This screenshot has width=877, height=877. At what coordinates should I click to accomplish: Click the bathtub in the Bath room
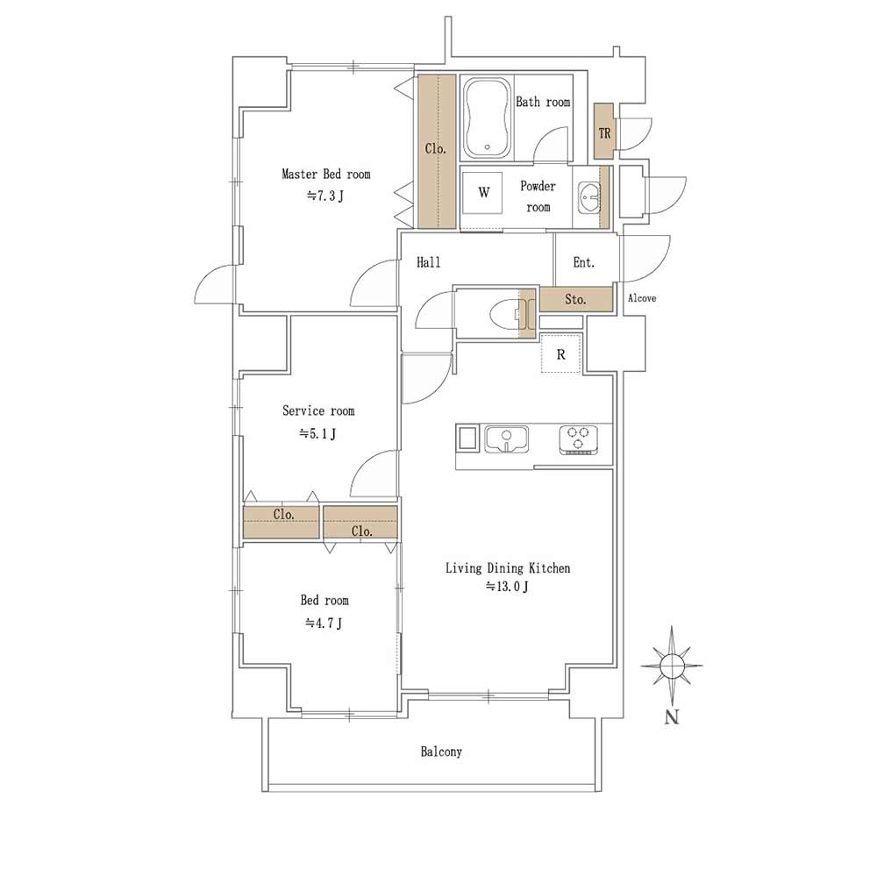click(487, 118)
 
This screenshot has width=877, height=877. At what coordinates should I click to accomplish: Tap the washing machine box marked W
click(483, 193)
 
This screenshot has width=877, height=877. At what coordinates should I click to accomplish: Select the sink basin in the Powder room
click(589, 196)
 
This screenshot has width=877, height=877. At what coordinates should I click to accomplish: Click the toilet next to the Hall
click(509, 314)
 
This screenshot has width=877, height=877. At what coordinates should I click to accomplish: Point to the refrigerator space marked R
click(560, 354)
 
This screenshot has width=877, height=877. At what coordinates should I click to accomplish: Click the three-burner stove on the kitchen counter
click(578, 439)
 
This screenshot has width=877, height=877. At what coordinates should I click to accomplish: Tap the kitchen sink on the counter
click(507, 439)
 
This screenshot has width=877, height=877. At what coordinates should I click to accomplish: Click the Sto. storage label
click(575, 300)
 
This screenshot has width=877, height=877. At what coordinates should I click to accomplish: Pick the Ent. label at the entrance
click(584, 262)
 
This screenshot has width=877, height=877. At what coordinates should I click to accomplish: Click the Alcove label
click(642, 298)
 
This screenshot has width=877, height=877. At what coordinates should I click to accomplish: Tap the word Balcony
click(441, 752)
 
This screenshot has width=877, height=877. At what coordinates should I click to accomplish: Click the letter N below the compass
click(672, 717)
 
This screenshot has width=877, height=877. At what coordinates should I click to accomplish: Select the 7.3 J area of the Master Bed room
click(325, 196)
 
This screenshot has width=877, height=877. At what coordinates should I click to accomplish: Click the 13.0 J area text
click(507, 587)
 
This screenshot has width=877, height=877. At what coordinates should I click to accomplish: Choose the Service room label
click(318, 411)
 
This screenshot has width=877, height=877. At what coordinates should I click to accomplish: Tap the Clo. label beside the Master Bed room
click(436, 148)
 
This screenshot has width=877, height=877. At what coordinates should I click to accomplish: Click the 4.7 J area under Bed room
click(324, 623)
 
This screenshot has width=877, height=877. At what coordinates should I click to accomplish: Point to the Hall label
click(429, 262)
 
